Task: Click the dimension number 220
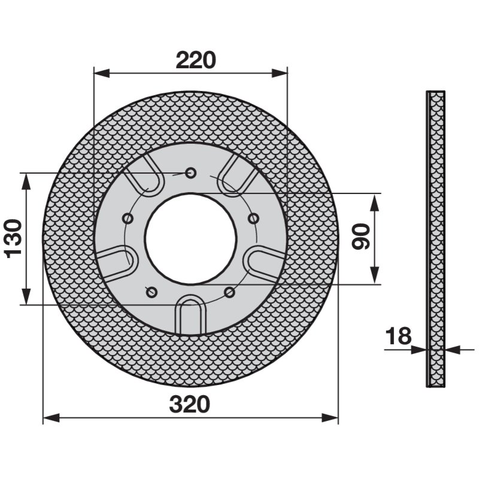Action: click(196, 60)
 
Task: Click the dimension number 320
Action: click(190, 404)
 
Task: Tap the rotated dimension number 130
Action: click(14, 238)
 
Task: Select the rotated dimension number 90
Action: click(361, 237)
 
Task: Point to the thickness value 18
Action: click(398, 336)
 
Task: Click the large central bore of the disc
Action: click(191, 238)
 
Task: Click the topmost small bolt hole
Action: click(191, 173)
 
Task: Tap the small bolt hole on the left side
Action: click(128, 219)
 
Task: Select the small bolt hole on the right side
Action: click(253, 219)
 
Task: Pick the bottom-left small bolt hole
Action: click(151, 292)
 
